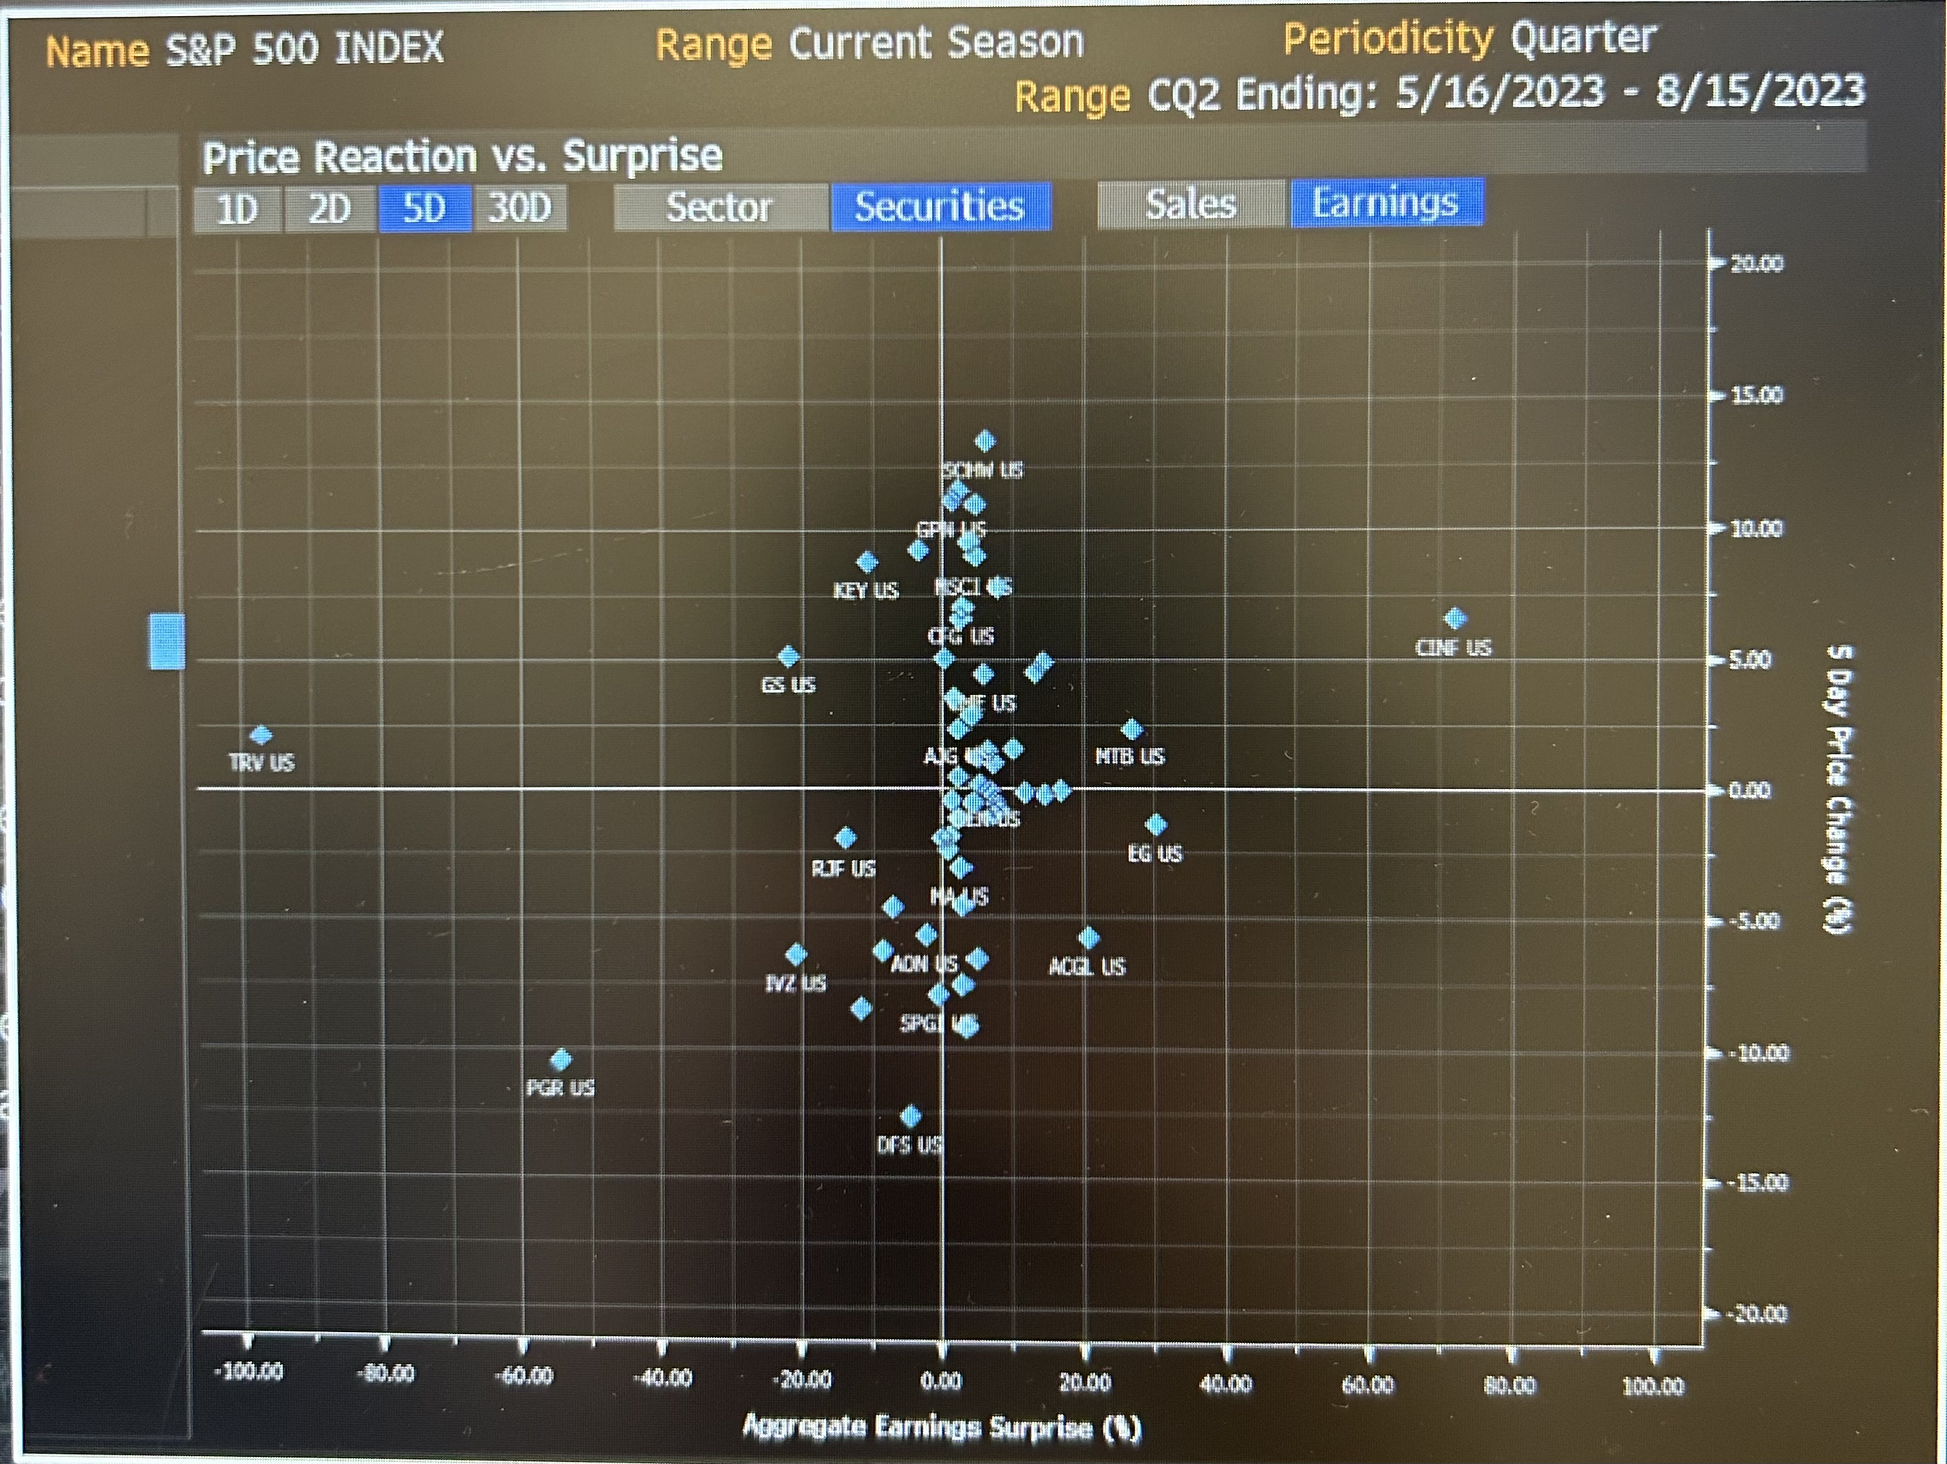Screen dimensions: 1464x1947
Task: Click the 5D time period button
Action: [424, 209]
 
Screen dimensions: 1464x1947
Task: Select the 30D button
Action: [520, 209]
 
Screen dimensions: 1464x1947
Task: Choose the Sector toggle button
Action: [719, 208]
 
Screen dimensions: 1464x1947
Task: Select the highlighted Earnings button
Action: [1386, 203]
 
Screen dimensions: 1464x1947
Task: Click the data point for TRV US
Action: [261, 735]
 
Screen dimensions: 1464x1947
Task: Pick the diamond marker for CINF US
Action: [1455, 618]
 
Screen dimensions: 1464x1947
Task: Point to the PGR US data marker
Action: [561, 1059]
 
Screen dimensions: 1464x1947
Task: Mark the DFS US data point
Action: [910, 1117]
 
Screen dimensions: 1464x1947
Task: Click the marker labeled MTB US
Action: [1132, 729]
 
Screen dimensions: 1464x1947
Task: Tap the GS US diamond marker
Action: [789, 656]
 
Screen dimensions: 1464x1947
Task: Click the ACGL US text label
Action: [1087, 967]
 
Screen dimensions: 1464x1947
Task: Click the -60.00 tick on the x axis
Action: [525, 1375]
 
